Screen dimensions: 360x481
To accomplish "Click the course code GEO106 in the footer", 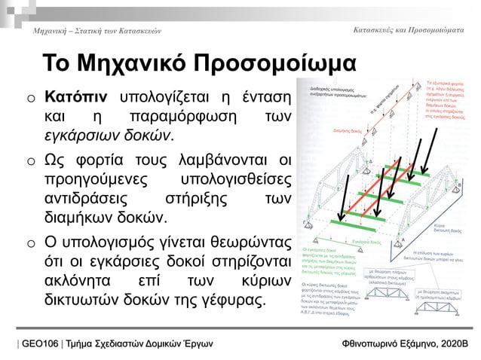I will click(x=41, y=343).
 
